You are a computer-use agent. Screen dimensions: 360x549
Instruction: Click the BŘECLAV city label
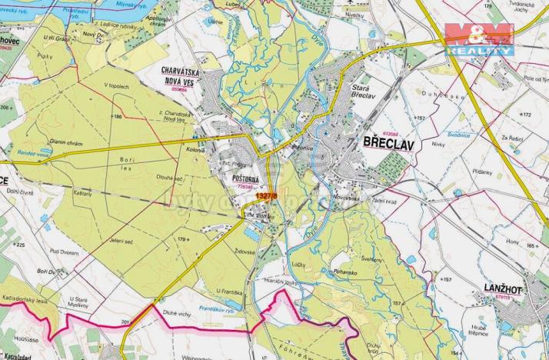tap(388, 143)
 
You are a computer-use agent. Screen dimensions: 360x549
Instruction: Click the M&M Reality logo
tap(479, 38)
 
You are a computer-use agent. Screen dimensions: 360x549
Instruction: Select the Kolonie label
tap(195, 150)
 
